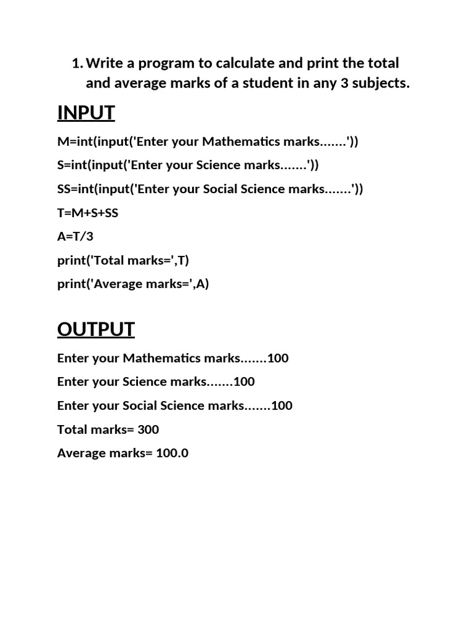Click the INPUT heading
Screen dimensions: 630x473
coord(86,113)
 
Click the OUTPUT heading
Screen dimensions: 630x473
coord(95,330)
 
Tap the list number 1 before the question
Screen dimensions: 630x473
coord(76,63)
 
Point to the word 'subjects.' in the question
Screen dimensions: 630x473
coord(381,84)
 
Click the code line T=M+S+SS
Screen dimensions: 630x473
coord(87,213)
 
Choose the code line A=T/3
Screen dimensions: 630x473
coord(75,237)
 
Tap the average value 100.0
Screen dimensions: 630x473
coord(172,453)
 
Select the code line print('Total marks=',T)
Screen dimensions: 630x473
coord(123,260)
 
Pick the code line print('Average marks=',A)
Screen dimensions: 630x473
coord(133,284)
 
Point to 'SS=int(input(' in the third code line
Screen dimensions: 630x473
coord(95,189)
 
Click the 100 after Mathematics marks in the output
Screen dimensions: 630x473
coord(278,358)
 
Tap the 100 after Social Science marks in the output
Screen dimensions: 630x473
coord(281,405)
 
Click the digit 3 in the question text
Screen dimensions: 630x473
coord(344,84)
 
